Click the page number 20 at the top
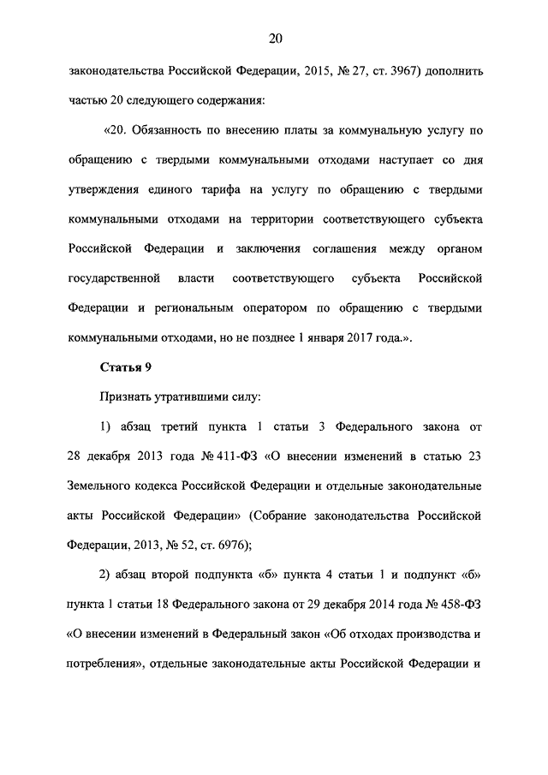pyautogui.click(x=274, y=38)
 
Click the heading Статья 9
pyautogui.click(x=126, y=369)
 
